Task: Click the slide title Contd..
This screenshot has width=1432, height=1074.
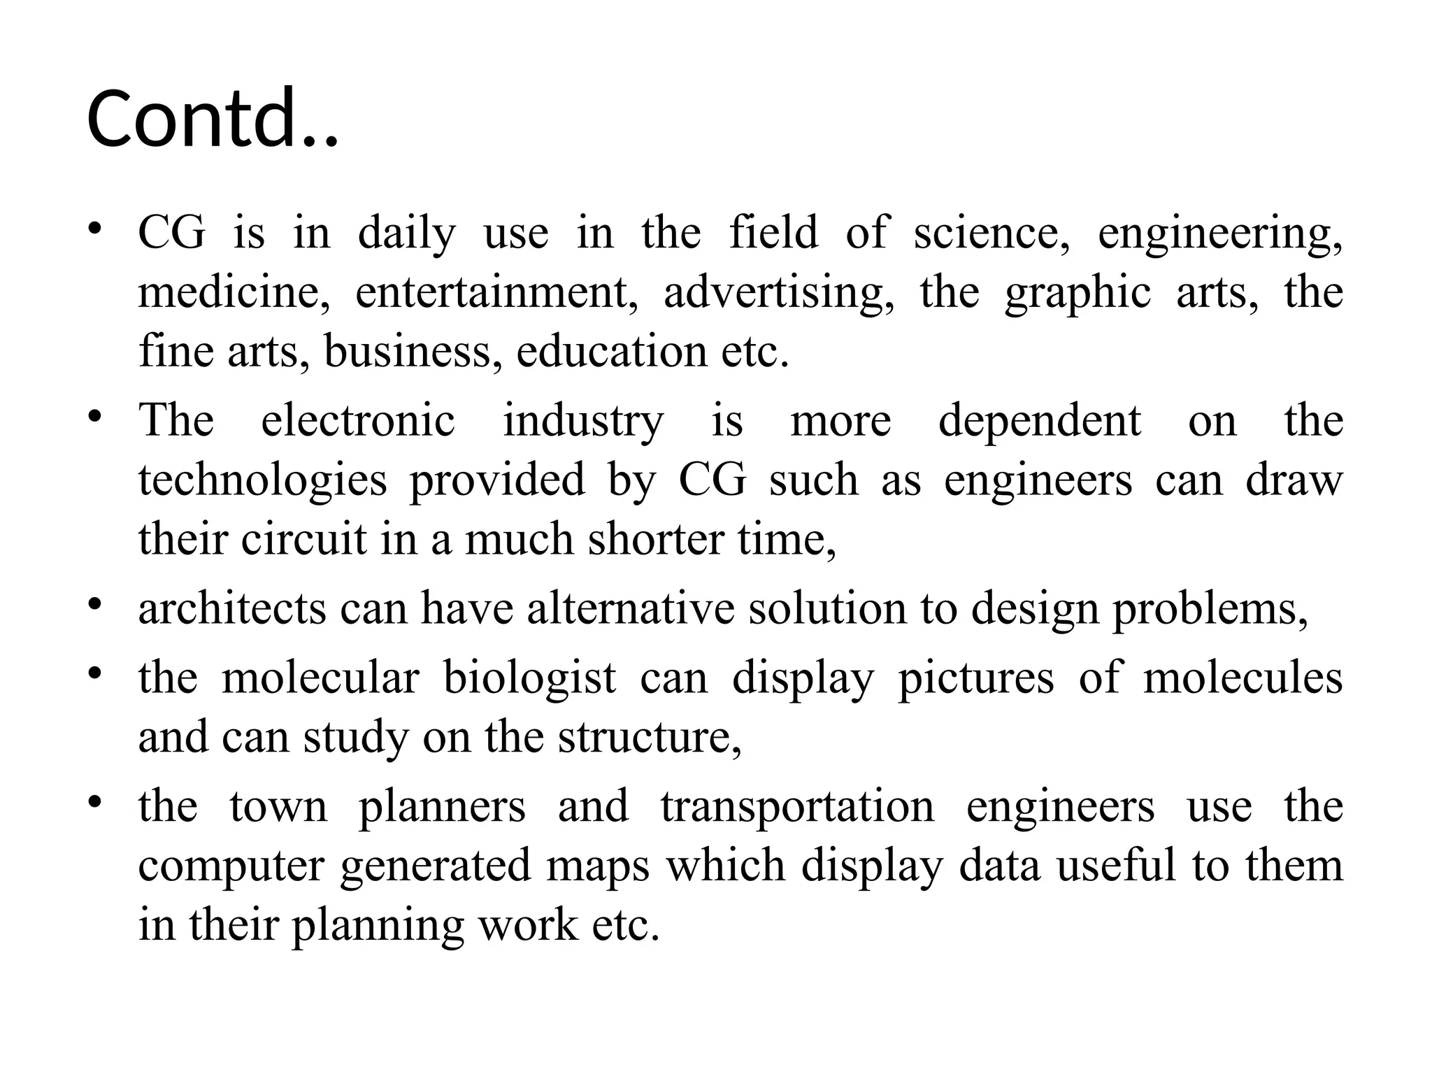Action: (213, 119)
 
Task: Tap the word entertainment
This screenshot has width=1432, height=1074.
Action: (496, 292)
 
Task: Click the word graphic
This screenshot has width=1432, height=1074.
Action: (1077, 292)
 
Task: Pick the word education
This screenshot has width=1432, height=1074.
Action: (611, 351)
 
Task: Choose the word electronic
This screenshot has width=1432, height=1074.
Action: (358, 421)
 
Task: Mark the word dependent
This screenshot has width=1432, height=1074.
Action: (1040, 421)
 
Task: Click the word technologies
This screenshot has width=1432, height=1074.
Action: (262, 480)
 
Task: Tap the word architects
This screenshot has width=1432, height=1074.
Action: (232, 608)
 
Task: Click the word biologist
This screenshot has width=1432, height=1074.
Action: (530, 678)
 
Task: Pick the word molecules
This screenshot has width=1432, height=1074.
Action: (1243, 678)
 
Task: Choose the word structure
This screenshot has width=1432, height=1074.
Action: (650, 737)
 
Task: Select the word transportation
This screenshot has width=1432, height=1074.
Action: (797, 806)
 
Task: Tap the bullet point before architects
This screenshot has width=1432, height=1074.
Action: (96, 603)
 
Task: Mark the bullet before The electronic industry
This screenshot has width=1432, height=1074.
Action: (96, 416)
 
